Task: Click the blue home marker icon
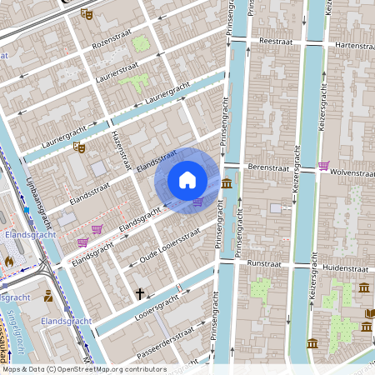point(187,179)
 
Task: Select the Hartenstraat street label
point(352,43)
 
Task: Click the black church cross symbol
point(141,292)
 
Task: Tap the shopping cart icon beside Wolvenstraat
point(323,165)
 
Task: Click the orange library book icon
point(369,313)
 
